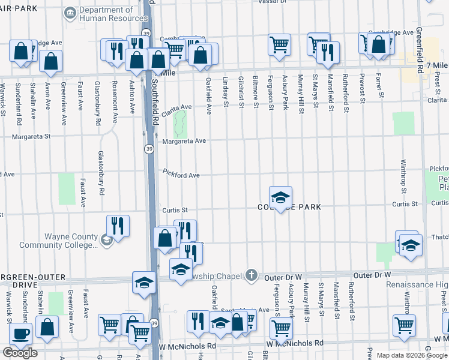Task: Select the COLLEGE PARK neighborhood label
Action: pos(290,207)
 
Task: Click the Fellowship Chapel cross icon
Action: pos(252,275)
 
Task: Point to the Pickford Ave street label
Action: pos(181,175)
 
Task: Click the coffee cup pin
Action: pos(21,334)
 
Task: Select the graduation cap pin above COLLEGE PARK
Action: pos(280,197)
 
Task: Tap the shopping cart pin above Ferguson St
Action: pos(279,44)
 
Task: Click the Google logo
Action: pos(20,353)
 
